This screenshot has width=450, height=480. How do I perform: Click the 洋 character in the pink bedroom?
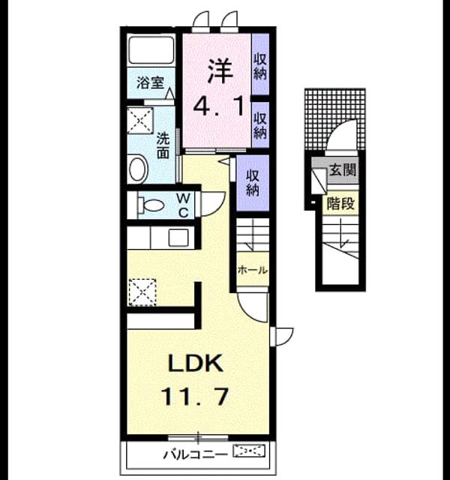(x=220, y=70)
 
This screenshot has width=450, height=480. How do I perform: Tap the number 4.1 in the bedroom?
(x=218, y=106)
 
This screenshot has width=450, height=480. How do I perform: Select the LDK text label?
(x=196, y=363)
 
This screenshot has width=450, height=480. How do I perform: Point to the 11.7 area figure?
(x=195, y=396)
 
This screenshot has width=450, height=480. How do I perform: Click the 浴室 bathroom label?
(x=150, y=82)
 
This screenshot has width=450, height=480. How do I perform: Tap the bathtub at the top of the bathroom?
(x=151, y=49)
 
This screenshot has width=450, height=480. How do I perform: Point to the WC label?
(x=183, y=205)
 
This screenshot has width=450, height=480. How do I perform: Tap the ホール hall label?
(x=253, y=270)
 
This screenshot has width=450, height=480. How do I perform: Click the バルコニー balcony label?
(x=196, y=455)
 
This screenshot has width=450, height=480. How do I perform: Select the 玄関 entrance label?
(x=343, y=169)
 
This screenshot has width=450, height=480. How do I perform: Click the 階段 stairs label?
(x=340, y=203)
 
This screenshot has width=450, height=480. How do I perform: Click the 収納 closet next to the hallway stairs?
(x=253, y=183)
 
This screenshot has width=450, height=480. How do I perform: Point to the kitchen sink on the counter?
(x=178, y=237)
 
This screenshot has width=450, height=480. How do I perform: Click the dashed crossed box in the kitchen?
(x=142, y=292)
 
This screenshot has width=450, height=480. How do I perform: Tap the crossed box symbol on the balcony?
(x=249, y=451)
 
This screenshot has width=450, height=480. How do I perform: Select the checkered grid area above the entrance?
(x=335, y=119)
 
